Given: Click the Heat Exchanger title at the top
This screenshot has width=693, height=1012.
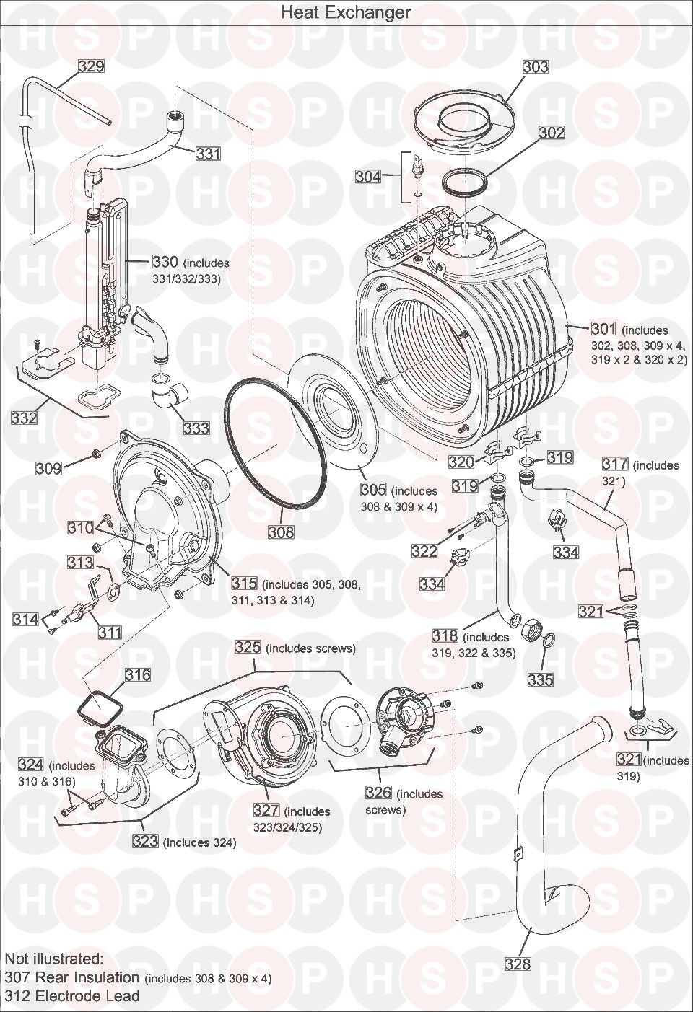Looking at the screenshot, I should pyautogui.click(x=346, y=12).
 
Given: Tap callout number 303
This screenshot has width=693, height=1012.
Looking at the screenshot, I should pyautogui.click(x=536, y=67).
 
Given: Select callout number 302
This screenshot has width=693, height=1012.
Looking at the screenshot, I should pyautogui.click(x=552, y=133).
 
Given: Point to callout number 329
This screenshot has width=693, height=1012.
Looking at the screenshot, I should pyautogui.click(x=91, y=67).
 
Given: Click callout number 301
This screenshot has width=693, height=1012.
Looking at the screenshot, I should pyautogui.click(x=603, y=330).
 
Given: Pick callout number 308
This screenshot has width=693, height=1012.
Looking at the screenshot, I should pyautogui.click(x=281, y=532).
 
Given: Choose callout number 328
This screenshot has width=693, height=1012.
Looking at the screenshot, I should pyautogui.click(x=518, y=964).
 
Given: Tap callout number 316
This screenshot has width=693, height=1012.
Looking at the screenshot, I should pyautogui.click(x=138, y=675).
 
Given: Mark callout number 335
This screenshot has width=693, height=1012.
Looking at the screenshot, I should pyautogui.click(x=541, y=679).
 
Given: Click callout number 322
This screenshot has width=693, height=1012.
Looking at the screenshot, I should pyautogui.click(x=424, y=551).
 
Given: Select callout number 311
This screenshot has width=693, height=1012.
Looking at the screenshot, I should pyautogui.click(x=110, y=633).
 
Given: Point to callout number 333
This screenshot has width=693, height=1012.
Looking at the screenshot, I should pyautogui.click(x=196, y=428).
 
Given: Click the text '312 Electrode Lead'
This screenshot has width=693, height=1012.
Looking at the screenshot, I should pyautogui.click(x=72, y=996).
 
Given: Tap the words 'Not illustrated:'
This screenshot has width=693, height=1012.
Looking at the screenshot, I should pyautogui.click(x=54, y=959).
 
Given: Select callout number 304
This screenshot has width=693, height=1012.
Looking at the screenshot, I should pyautogui.click(x=368, y=177).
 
